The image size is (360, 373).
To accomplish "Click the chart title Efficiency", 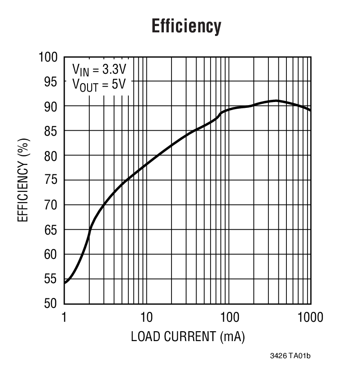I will (x=186, y=26).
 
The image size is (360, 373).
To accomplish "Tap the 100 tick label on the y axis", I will (x=48, y=57).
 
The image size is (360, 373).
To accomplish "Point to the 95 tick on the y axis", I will (x=51, y=82).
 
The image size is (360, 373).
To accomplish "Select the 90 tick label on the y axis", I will (x=51, y=107).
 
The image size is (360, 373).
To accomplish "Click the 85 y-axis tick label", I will (x=51, y=131).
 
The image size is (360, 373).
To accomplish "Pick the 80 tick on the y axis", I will (x=51, y=156).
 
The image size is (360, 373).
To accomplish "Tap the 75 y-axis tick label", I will (x=51, y=181).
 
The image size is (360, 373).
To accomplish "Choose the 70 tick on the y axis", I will (x=51, y=205).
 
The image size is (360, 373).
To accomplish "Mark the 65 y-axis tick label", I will (x=51, y=230).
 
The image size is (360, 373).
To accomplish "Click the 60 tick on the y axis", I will (x=51, y=255).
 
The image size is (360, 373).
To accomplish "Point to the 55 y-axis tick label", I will (x=51, y=280).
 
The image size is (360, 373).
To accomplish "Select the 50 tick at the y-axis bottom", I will (x=51, y=304).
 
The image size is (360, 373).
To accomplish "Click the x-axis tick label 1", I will (x=65, y=318).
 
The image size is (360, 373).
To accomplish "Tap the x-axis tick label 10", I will (x=146, y=318).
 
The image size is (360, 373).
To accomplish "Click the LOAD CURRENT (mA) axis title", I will (x=188, y=337).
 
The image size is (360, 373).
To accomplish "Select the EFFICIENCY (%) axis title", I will (x=23, y=180).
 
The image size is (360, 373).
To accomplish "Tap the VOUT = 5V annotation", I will (x=99, y=84).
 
